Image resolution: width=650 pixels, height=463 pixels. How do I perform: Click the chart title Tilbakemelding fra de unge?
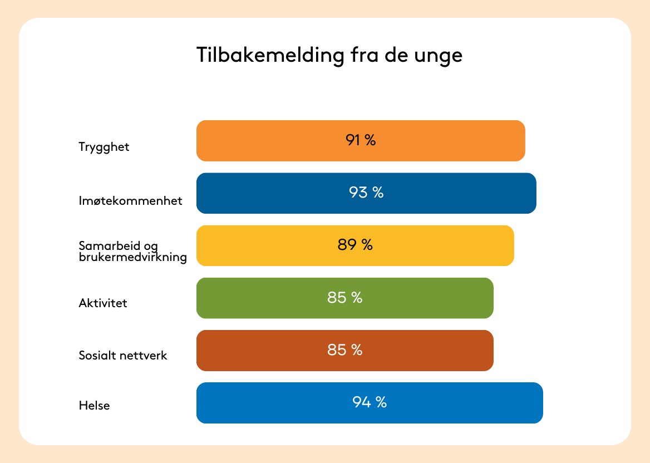coord(329,55)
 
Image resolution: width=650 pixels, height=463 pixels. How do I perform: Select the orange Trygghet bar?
coord(361,141)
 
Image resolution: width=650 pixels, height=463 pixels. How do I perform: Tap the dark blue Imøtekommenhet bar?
coord(366,193)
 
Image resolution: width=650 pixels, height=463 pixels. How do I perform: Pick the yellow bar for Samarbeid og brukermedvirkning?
coord(355,246)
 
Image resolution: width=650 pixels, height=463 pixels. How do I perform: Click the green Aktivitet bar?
coord(345,298)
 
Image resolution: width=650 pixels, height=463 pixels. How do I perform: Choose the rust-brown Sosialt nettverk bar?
coord(345,351)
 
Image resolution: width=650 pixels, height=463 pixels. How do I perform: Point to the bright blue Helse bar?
coord(370,403)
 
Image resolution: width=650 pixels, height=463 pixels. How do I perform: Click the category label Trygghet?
coord(104,147)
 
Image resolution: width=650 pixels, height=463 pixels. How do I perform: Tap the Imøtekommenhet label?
coord(131,201)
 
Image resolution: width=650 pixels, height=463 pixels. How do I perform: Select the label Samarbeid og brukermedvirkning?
coord(132,252)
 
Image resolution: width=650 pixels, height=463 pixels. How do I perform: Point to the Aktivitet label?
coord(103,303)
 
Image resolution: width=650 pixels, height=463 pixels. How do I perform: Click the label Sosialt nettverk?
coord(122,355)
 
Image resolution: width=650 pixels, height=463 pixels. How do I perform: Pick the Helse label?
coord(94,405)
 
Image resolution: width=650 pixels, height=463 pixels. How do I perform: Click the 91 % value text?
coord(361,140)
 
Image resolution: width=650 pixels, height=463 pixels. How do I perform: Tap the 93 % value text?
coord(366,193)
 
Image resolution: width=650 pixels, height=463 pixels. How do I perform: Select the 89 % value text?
coord(355,244)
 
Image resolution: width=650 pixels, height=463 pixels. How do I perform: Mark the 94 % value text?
coord(370,402)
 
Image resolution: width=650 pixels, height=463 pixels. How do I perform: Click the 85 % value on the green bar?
coord(344,297)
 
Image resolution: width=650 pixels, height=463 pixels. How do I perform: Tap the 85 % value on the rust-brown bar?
coord(344,350)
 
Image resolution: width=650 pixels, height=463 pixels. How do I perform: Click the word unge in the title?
coord(438,57)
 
